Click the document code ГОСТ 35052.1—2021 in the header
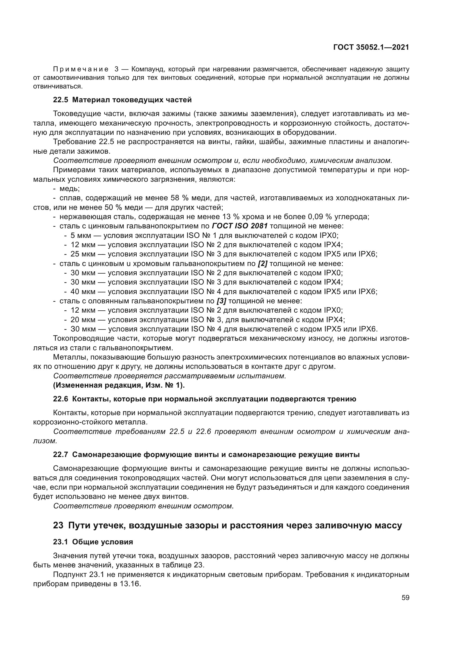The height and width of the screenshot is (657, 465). [371, 47]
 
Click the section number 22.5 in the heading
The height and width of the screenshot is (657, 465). [61, 100]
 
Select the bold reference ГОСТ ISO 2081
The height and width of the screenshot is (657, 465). [240, 226]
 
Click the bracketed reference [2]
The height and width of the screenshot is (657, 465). [263, 263]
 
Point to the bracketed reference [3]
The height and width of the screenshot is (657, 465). [221, 301]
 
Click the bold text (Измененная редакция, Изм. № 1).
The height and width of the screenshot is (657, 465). [119, 385]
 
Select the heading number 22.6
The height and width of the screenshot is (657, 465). [61, 399]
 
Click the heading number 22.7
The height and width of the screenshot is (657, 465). [61, 455]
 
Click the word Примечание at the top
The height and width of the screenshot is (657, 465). [81, 69]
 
